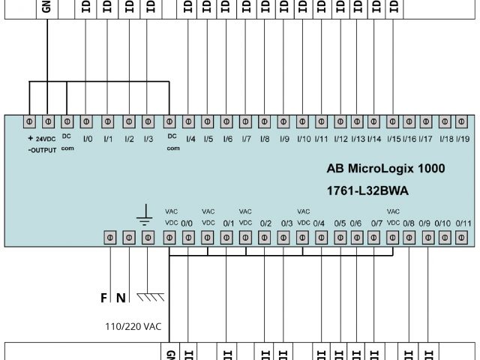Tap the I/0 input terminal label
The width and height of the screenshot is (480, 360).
tap(87, 139)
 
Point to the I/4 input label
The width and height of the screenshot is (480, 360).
tap(190, 139)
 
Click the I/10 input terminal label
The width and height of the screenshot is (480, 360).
tap(304, 139)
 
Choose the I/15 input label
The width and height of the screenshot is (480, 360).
tap(392, 139)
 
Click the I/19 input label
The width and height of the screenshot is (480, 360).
tap(463, 139)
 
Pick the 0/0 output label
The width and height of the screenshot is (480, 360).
tap(187, 223)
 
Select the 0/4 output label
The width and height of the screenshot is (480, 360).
tap(319, 223)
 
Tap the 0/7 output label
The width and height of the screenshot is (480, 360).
tap(376, 223)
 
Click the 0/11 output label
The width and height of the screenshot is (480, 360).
tap(463, 223)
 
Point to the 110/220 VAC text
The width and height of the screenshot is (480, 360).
tap(134, 327)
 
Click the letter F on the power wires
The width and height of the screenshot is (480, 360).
tap(103, 298)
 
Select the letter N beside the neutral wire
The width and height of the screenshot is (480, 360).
tap(120, 298)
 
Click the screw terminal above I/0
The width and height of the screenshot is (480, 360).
tap(87, 121)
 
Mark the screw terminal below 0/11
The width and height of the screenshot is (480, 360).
tap(465, 238)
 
